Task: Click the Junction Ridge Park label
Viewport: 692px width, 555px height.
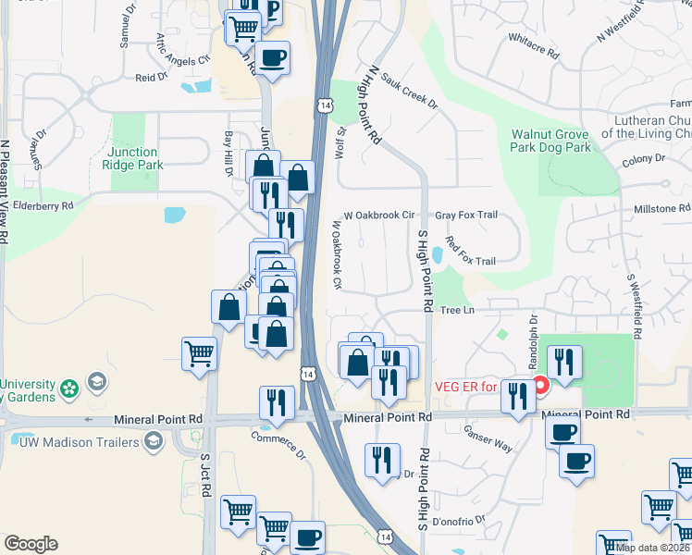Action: coord(135,158)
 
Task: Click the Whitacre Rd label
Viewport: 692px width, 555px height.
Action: coord(534,46)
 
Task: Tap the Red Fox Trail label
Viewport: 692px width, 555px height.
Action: coord(471,253)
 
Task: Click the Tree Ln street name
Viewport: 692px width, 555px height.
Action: coord(456,310)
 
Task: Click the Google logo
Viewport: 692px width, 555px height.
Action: coord(31,544)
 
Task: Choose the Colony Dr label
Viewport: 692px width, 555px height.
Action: coord(645,159)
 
